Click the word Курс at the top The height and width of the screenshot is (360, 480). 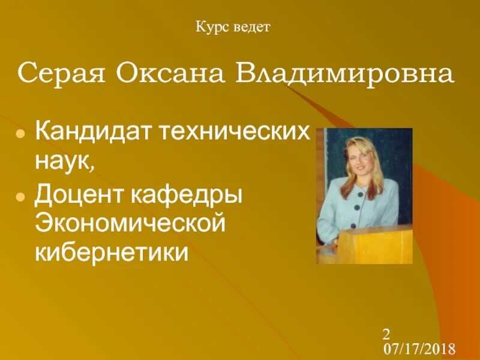pos(211,27)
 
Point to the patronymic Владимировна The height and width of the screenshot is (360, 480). pos(344,74)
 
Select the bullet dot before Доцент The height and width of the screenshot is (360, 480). pos(20,196)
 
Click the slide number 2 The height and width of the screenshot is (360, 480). pos(386,334)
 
